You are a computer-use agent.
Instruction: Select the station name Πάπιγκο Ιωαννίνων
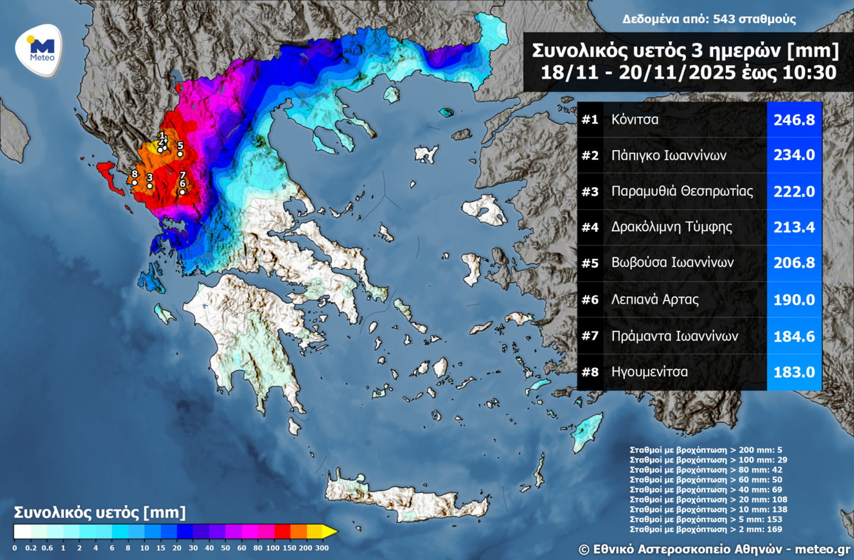[668, 156]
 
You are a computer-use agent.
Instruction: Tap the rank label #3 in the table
[590, 192]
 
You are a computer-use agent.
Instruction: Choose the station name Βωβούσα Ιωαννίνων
[672, 263]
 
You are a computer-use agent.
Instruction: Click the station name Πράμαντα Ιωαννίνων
[674, 336]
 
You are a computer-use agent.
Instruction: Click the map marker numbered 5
[180, 154]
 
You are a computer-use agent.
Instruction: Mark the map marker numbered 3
[150, 186]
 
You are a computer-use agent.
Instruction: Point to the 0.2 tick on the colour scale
[30, 548]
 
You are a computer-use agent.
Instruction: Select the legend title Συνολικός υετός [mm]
[100, 512]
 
